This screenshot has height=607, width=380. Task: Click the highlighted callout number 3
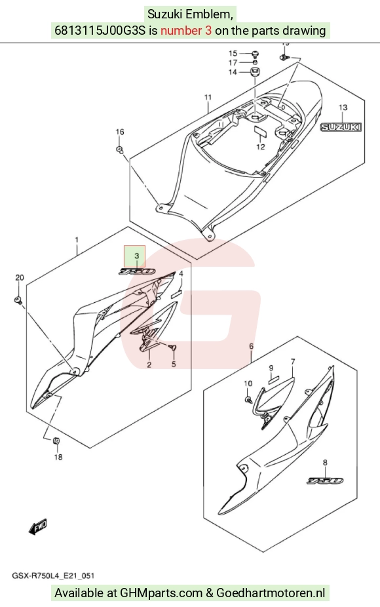tap(136, 256)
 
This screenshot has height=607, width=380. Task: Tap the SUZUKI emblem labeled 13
tap(341, 127)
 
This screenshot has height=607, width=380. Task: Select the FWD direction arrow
tap(38, 527)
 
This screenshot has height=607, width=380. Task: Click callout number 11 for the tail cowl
tap(208, 97)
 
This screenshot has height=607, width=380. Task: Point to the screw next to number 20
tap(18, 300)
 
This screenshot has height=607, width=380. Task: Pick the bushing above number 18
tap(56, 440)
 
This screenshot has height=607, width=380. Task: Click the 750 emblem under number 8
tap(325, 480)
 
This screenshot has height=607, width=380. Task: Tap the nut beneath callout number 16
tap(120, 149)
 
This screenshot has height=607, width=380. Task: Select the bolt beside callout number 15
tap(255, 53)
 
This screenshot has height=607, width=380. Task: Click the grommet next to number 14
tap(255, 71)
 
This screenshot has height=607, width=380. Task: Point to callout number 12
tap(260, 147)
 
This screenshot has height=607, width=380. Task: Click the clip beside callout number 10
tap(248, 399)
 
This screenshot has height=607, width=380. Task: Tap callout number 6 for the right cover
tap(251, 345)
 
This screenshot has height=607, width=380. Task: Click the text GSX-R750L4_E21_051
tap(54, 576)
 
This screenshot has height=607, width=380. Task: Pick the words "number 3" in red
tap(186, 31)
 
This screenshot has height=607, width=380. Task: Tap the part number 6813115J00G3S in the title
tap(100, 31)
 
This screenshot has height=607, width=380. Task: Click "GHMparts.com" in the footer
tap(161, 593)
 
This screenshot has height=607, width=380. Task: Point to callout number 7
tap(293, 362)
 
